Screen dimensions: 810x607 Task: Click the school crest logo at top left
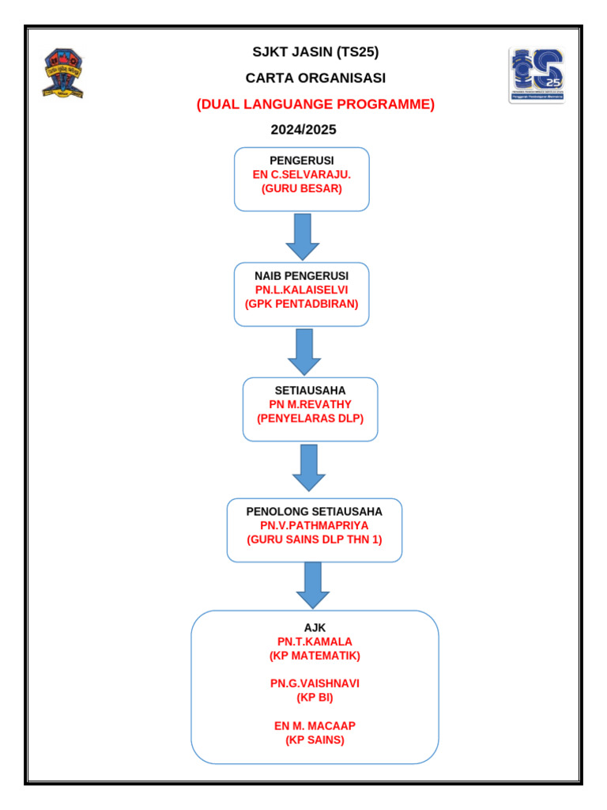(63, 74)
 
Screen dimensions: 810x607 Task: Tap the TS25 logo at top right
(536, 75)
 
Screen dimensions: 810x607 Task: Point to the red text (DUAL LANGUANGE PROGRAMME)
(315, 104)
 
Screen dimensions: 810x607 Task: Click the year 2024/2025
(303, 130)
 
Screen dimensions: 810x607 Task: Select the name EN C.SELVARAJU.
(302, 175)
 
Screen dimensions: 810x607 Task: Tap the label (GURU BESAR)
(302, 189)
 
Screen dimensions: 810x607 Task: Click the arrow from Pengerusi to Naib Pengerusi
(302, 236)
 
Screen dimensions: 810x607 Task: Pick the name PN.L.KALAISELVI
(301, 290)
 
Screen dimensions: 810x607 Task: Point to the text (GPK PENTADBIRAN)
(301, 304)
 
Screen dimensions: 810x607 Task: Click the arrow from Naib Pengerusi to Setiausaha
(304, 351)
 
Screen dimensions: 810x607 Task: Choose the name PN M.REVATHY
(310, 405)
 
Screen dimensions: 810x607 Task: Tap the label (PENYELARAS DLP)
(310, 419)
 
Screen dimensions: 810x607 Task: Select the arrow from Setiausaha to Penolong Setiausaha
(309, 467)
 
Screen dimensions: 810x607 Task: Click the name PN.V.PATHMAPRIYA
(314, 525)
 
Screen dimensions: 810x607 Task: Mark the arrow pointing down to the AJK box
(313, 585)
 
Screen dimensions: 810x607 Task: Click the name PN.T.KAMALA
(315, 642)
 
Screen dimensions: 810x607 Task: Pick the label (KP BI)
(315, 698)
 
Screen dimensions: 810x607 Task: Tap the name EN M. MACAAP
(315, 726)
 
